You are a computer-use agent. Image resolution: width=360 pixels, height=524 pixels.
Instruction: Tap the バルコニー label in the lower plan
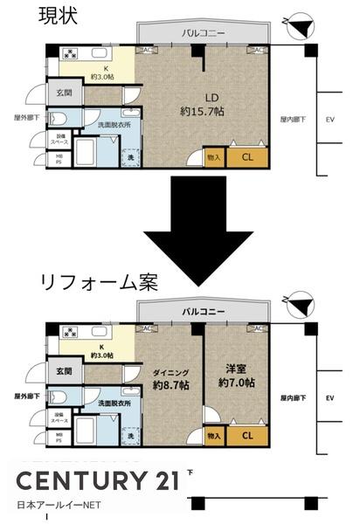203,311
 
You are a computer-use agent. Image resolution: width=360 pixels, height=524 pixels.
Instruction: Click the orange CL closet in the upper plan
247,158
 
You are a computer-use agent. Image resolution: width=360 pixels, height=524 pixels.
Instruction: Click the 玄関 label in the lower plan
62,370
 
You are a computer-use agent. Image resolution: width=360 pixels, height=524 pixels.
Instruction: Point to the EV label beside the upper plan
330,118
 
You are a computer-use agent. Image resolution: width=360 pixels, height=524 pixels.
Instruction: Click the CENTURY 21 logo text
99,481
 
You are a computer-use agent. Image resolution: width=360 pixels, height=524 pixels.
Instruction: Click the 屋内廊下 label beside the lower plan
294,397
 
